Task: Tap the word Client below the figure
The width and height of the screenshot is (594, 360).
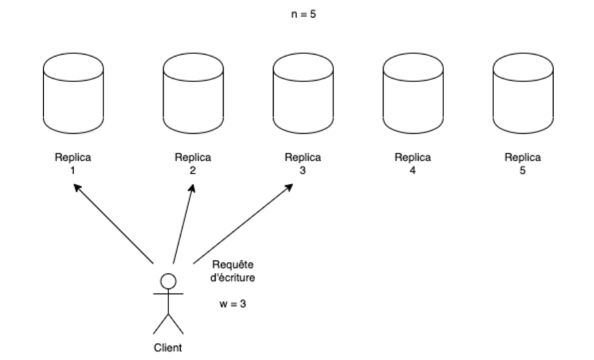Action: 168,346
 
